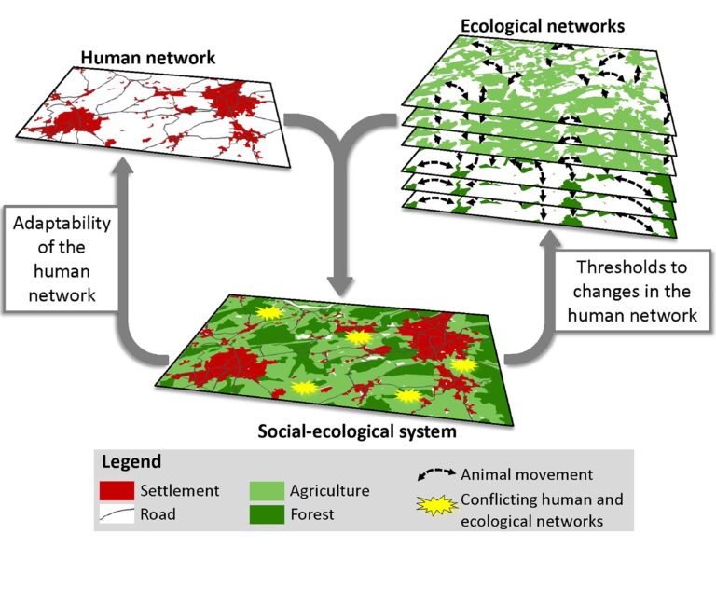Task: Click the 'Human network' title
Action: tap(148, 58)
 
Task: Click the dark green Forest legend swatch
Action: tap(267, 513)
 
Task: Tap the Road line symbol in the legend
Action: tap(117, 513)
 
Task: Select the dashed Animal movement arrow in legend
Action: tap(434, 474)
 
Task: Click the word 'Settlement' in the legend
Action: tap(179, 490)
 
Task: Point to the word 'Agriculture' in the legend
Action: tap(329, 490)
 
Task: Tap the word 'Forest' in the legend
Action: tap(311, 513)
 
